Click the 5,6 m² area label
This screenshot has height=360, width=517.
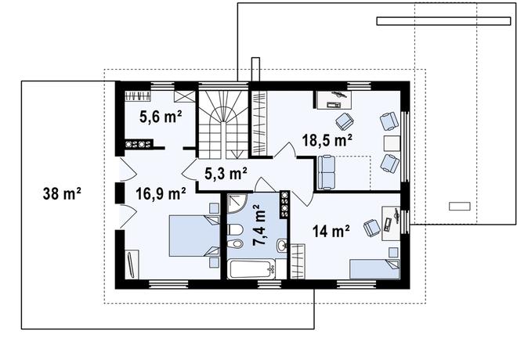pyautogui.click(x=161, y=117)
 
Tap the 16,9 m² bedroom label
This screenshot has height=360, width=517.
pyautogui.click(x=161, y=193)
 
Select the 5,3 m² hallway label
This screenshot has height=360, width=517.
pyautogui.click(x=226, y=174)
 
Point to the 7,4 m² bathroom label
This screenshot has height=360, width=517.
pyautogui.click(x=260, y=225)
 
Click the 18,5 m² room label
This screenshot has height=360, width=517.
pyautogui.click(x=327, y=140)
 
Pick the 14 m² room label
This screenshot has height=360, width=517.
pyautogui.click(x=331, y=231)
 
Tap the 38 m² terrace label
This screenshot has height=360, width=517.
pyautogui.click(x=62, y=193)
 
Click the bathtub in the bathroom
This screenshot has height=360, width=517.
pyautogui.click(x=252, y=269)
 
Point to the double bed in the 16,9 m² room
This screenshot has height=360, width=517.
pyautogui.click(x=194, y=236)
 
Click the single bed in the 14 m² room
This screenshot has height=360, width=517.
pyautogui.click(x=374, y=269)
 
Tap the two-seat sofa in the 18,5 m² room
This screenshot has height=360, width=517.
pyautogui.click(x=326, y=173)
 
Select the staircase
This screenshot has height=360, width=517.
pyautogui.click(x=223, y=125)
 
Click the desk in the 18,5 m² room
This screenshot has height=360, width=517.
pyautogui.click(x=334, y=99)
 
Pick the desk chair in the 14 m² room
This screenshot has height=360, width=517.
pyautogui.click(x=372, y=227)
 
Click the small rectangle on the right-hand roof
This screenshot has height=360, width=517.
pyautogui.click(x=460, y=206)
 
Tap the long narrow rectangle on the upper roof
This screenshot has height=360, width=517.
pyautogui.click(x=444, y=21)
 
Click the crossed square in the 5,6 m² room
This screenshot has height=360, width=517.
pyautogui.click(x=185, y=96)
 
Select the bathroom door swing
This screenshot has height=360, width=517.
pyautogui.click(x=262, y=185)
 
